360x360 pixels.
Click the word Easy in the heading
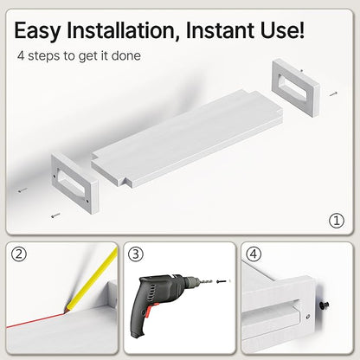coord(37,30)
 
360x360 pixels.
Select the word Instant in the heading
coord(221,29)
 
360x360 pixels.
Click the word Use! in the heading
coord(282,29)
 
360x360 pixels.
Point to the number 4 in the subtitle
coord(21,55)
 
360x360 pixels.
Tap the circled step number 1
coord(337,221)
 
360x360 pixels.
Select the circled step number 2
coord(19,254)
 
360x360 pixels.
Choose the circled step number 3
coord(136,254)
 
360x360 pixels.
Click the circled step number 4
coord(254,254)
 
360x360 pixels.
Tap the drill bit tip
coord(212,281)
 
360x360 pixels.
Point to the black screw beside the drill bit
coord(221,281)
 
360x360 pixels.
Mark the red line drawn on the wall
coord(35,320)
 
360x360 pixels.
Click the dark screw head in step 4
coord(325,305)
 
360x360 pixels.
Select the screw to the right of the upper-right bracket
coord(333,93)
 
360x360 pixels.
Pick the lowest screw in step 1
coord(55,215)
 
